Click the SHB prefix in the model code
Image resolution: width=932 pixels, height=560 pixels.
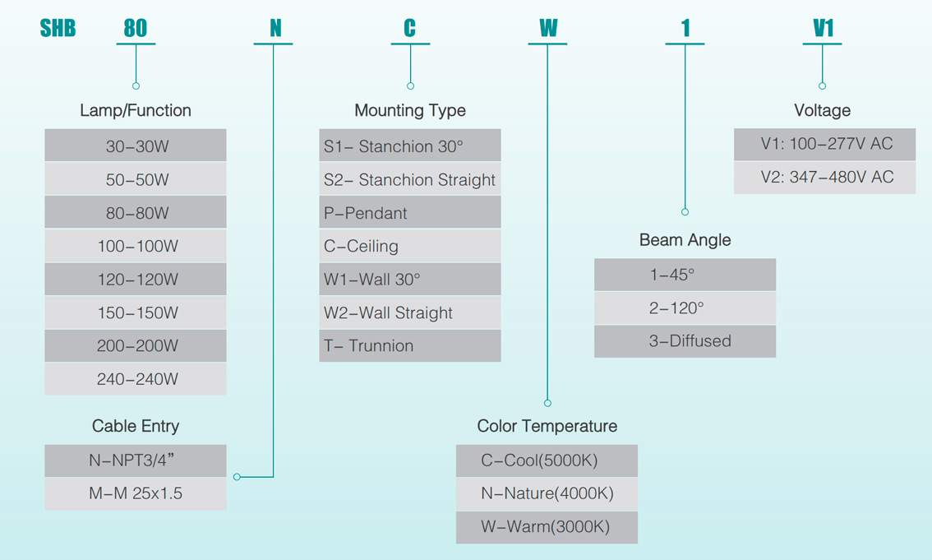(x=58, y=29)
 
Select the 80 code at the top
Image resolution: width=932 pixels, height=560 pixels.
(x=136, y=29)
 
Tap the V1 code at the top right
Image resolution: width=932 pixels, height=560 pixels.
(x=823, y=29)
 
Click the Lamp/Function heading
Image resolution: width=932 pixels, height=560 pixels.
(x=136, y=110)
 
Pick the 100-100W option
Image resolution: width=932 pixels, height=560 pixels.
(x=136, y=246)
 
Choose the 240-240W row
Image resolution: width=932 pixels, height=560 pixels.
(x=136, y=379)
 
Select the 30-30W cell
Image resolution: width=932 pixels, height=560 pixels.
(x=136, y=146)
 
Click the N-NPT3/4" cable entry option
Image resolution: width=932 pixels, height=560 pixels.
(x=136, y=460)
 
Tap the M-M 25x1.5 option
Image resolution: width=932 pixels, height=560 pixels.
(x=136, y=493)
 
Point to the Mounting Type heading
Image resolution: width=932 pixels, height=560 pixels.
(x=410, y=110)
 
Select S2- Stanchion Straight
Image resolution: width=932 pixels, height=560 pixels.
(x=410, y=179)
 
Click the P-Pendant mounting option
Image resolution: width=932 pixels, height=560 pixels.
(x=410, y=213)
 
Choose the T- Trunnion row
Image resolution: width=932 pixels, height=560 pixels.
(x=410, y=345)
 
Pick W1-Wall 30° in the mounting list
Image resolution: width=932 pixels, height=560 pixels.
(x=410, y=280)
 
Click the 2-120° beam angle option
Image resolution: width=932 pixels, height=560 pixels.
(x=685, y=308)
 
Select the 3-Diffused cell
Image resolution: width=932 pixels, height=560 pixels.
(x=685, y=340)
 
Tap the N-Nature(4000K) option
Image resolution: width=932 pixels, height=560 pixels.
(x=547, y=493)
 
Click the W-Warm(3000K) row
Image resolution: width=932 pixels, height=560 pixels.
(x=547, y=526)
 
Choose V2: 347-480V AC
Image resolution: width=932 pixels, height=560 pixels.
(x=824, y=177)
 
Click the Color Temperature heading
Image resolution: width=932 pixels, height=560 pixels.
(x=547, y=426)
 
